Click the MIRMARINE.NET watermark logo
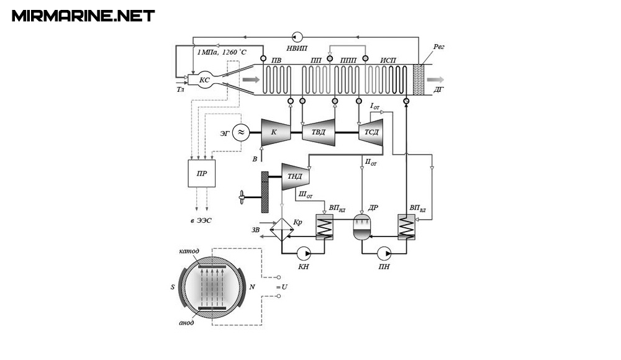(x=83, y=16)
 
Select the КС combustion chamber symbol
(x=204, y=80)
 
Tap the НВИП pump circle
(x=297, y=37)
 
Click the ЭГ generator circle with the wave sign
(x=241, y=133)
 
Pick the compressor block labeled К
(x=276, y=132)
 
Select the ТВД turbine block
(x=319, y=132)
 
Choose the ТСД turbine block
(x=371, y=132)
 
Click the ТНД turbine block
(x=296, y=177)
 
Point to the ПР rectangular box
(x=202, y=173)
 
